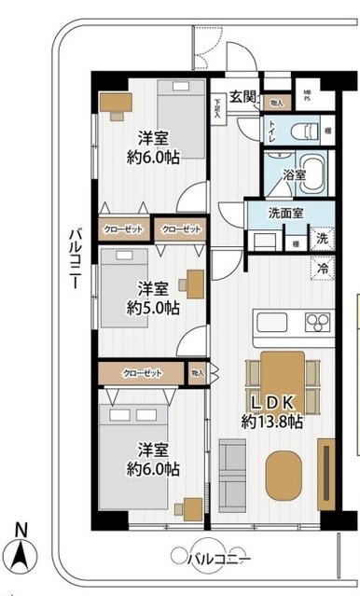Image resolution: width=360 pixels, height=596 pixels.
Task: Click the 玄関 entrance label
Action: (242, 93)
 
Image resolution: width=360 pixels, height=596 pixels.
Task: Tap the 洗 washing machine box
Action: (321, 239)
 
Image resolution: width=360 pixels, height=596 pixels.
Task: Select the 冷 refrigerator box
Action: (321, 268)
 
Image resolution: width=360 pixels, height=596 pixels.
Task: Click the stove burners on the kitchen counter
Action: (317, 325)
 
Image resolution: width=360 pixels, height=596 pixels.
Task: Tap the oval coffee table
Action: (285, 476)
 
